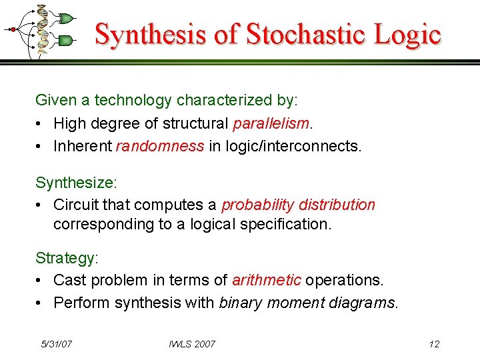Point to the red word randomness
tap(159, 146)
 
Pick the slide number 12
tap(434, 344)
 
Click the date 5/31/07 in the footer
tap(57, 344)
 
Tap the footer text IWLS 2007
tap(192, 344)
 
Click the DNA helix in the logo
tap(43, 29)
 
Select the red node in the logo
tap(13, 29)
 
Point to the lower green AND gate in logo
tap(65, 41)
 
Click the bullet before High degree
tap(40, 124)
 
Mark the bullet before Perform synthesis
tap(40, 303)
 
